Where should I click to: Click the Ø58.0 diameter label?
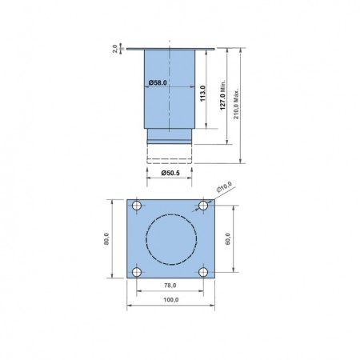tap(158, 82)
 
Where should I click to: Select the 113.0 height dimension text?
tap(202, 94)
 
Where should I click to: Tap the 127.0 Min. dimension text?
tap(222, 94)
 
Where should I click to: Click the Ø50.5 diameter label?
tap(170, 173)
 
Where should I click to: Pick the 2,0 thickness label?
tap(115, 49)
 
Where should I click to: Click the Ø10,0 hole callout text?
tap(224, 186)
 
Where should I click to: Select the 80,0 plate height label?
tap(106, 238)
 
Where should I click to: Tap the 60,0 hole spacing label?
tap(228, 238)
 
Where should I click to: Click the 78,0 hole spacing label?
tap(170, 286)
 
